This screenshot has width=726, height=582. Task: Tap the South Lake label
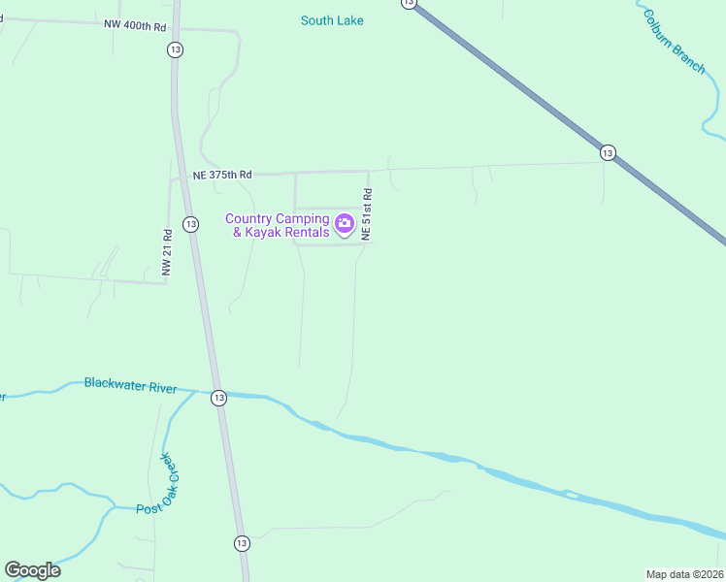[x=332, y=20]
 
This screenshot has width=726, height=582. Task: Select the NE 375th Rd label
[x=222, y=175]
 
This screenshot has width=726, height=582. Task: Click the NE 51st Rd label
[x=367, y=214]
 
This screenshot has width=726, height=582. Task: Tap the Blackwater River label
[x=130, y=386]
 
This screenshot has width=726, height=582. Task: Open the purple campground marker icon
[x=345, y=226]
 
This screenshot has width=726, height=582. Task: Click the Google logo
[x=32, y=570]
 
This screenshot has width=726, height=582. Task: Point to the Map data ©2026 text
[x=684, y=574]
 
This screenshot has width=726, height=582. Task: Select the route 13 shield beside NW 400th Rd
[x=175, y=49]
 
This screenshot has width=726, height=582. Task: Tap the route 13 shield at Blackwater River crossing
[x=218, y=398]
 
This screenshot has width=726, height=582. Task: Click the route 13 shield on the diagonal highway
[x=608, y=152]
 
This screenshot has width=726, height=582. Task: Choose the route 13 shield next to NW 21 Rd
[x=190, y=224]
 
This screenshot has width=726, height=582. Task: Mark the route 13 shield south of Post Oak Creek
[x=242, y=543]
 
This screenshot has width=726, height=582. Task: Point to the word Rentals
[x=308, y=233]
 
